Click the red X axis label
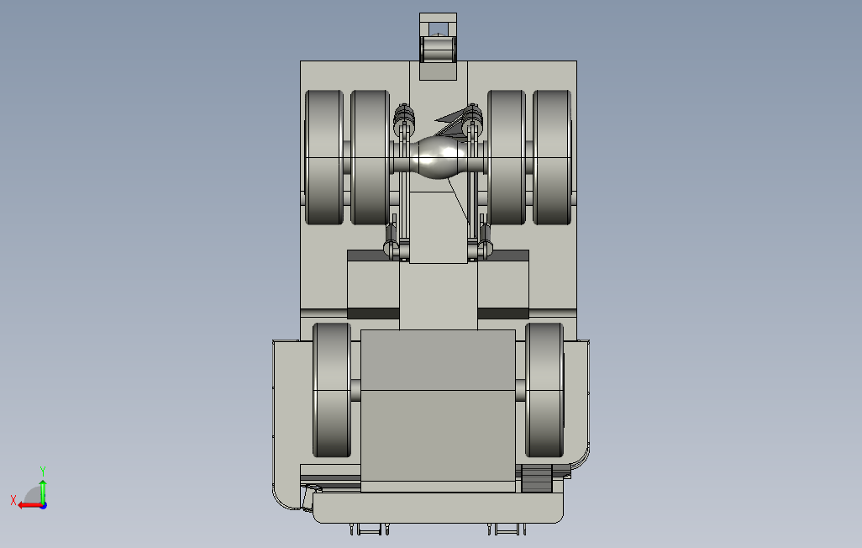click(x=13, y=500)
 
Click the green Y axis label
click(x=43, y=471)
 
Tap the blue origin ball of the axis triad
click(x=43, y=505)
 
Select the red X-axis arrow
click(x=29, y=504)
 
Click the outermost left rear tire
click(x=324, y=157)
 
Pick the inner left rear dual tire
click(x=370, y=157)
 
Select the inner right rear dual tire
click(x=507, y=157)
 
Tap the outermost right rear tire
click(x=552, y=157)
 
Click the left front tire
click(x=332, y=390)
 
